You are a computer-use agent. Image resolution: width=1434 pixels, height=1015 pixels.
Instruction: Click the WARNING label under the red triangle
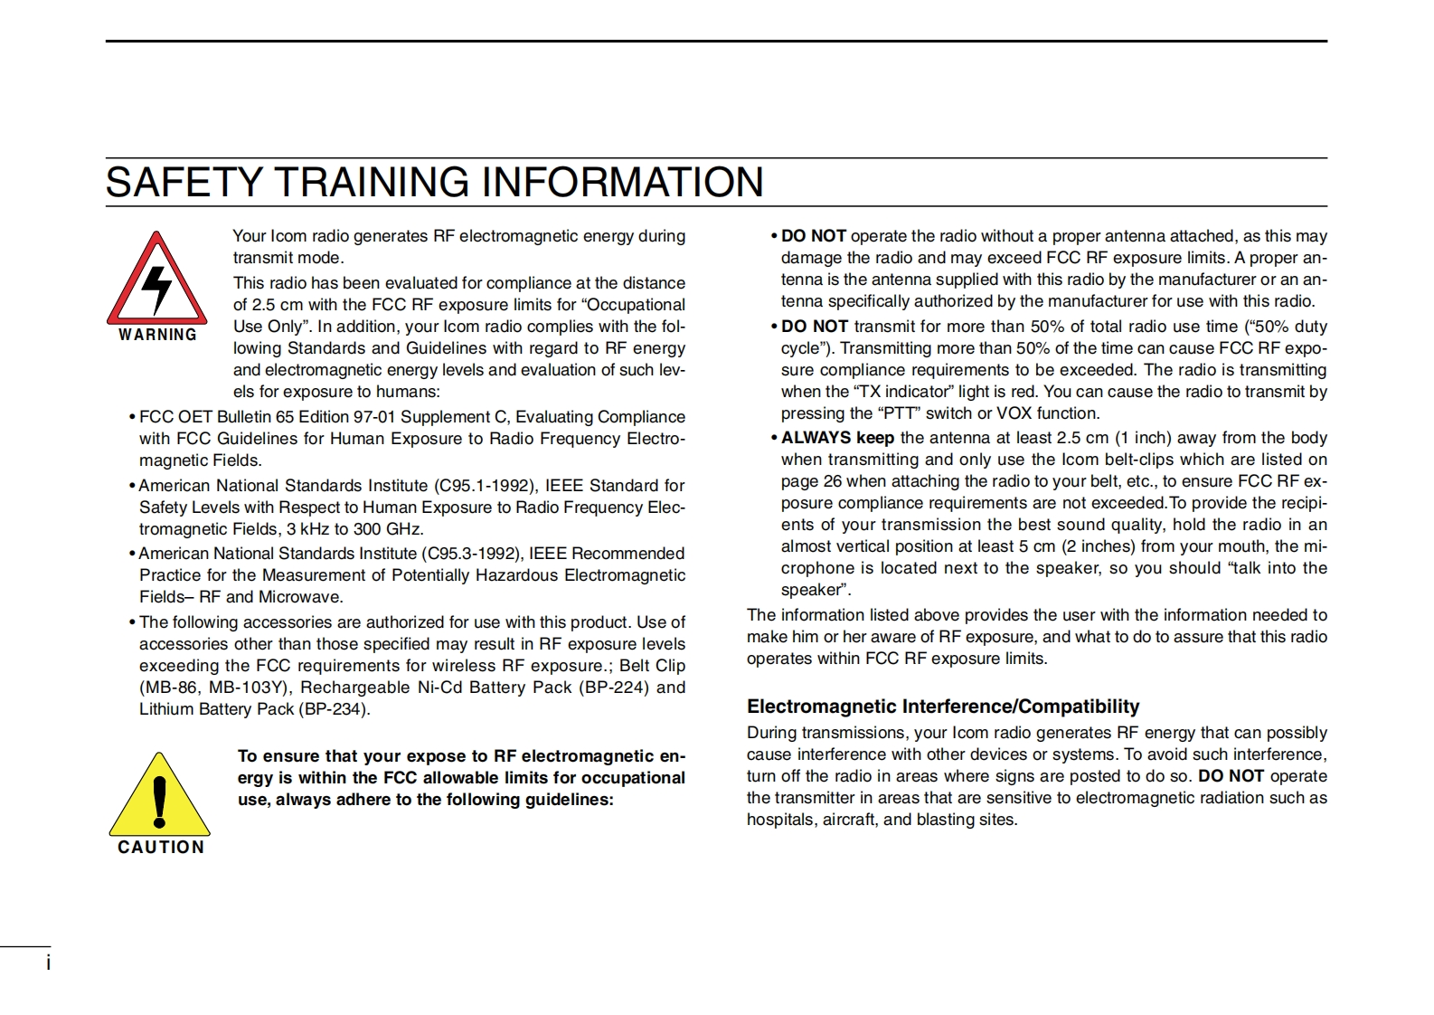[x=157, y=335]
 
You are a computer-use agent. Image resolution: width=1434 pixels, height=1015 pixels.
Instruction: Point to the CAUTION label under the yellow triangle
[x=161, y=848]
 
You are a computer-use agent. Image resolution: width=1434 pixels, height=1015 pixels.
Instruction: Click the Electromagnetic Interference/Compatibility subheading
[x=943, y=707]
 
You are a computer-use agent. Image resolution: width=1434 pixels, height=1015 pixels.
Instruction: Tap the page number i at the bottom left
[x=49, y=963]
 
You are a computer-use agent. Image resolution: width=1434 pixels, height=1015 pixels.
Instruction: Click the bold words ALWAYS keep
[x=837, y=438]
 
